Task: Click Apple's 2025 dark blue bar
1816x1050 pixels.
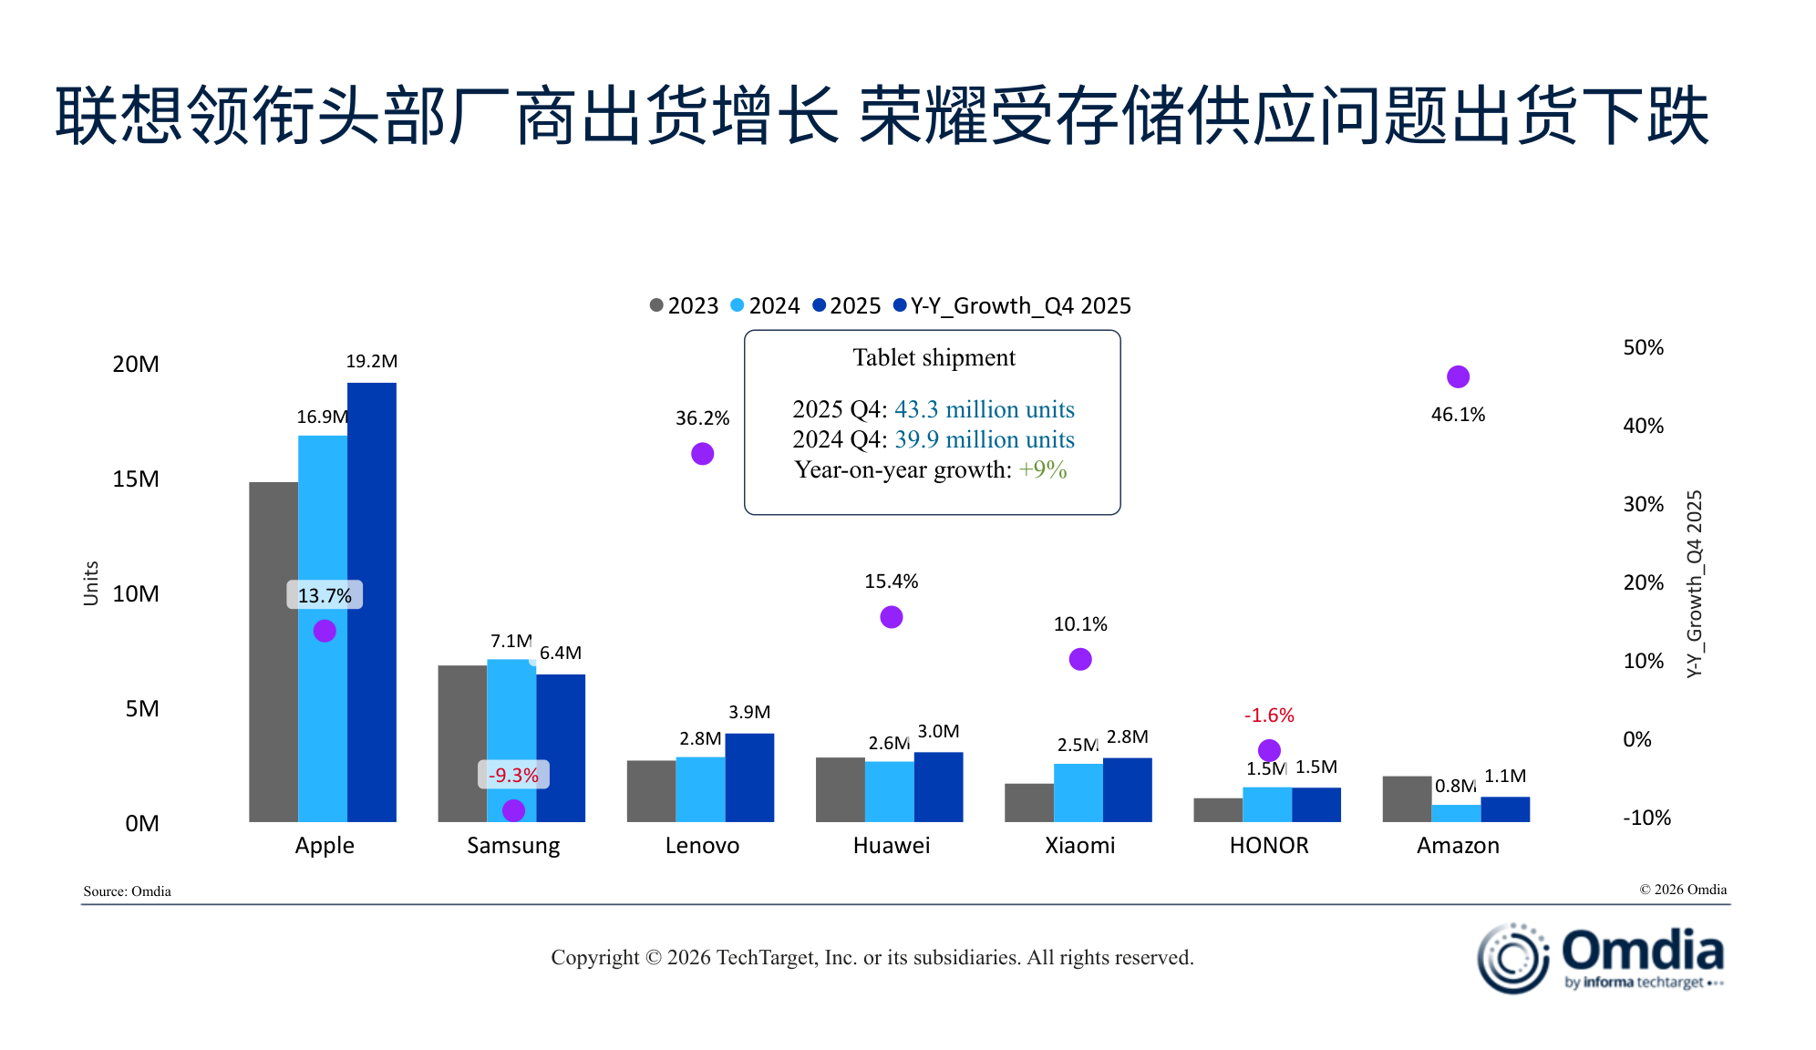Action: (x=372, y=602)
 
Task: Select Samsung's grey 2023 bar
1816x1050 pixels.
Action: (x=462, y=743)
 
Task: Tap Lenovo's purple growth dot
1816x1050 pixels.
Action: (x=702, y=454)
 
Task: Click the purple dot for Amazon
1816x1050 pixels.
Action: (x=1458, y=376)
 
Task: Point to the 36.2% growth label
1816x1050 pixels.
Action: (x=702, y=418)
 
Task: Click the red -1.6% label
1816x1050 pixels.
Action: (x=1269, y=715)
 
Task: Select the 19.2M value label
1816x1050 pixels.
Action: (x=371, y=362)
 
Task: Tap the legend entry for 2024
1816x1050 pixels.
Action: (x=765, y=306)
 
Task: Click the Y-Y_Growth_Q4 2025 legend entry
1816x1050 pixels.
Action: (x=1012, y=306)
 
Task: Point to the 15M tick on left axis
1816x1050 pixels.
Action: (x=136, y=479)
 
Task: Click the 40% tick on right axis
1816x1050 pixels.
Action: (x=1643, y=426)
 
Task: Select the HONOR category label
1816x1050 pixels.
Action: (x=1269, y=846)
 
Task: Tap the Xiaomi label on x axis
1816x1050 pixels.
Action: (x=1079, y=846)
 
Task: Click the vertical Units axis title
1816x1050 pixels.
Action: (x=91, y=583)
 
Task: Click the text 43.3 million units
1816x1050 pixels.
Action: (x=984, y=409)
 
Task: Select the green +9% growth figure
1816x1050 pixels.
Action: (x=1042, y=469)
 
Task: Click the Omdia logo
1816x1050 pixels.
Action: (x=1600, y=957)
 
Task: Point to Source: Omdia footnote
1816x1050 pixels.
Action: (x=127, y=891)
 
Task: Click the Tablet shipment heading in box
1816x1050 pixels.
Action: (x=934, y=357)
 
